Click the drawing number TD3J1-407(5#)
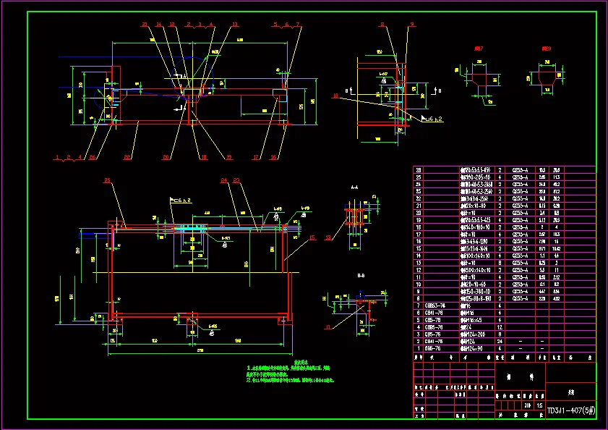point(570,410)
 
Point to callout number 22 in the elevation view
point(93,156)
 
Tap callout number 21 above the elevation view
point(145,25)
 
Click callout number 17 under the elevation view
point(256,156)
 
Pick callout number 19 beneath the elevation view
point(229,156)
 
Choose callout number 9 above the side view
point(412,25)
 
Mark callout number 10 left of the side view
point(335,95)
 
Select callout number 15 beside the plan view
point(312,237)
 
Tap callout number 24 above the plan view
point(223,180)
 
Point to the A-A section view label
point(354,187)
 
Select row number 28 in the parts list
point(418,170)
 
